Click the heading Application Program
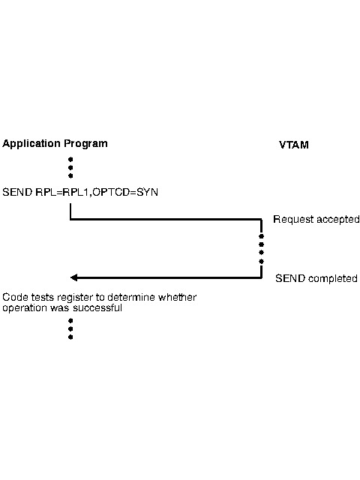click(55, 143)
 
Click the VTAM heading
click(293, 145)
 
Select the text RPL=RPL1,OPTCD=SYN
click(97, 192)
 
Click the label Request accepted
click(316, 220)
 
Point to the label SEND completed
click(316, 278)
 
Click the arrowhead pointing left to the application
click(73, 277)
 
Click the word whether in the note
click(181, 297)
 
